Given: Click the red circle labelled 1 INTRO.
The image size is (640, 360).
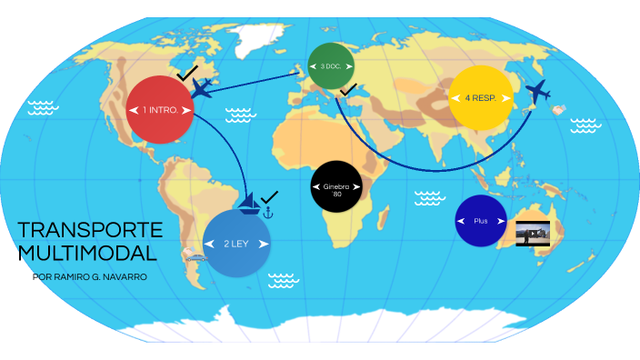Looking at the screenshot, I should [x=160, y=109].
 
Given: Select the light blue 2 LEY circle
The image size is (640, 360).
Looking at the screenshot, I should [x=236, y=244].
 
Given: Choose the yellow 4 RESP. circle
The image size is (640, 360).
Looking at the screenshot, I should [x=481, y=97].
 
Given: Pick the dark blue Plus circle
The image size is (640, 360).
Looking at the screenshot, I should [x=481, y=221].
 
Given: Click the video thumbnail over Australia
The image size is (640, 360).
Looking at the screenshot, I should [x=533, y=233].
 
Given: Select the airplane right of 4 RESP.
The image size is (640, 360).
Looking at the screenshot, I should [x=538, y=91].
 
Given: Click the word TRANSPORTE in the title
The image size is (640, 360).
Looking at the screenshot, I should [x=90, y=230].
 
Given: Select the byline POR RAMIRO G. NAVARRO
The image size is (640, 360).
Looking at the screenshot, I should [x=89, y=276].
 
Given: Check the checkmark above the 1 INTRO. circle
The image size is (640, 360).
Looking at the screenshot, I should [x=187, y=72].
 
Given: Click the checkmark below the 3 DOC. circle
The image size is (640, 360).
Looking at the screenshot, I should [x=348, y=89].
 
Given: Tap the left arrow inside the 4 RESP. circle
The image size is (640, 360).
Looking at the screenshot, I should [x=457, y=97].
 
